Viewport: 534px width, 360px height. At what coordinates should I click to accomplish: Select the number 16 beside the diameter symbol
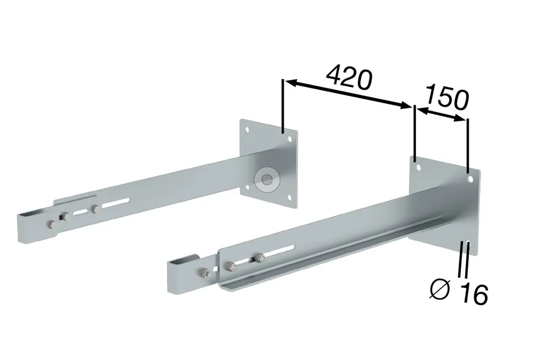[474, 294]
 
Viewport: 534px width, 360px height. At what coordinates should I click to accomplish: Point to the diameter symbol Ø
[439, 289]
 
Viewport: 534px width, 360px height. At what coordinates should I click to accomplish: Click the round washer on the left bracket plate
[267, 179]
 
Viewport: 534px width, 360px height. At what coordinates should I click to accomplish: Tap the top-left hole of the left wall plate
[248, 130]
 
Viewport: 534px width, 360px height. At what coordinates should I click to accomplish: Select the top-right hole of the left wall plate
[290, 139]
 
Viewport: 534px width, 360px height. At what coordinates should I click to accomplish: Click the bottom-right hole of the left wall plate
[289, 198]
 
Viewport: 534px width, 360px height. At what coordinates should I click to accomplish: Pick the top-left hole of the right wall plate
[419, 168]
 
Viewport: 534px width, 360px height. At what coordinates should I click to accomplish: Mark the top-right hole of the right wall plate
[470, 179]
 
